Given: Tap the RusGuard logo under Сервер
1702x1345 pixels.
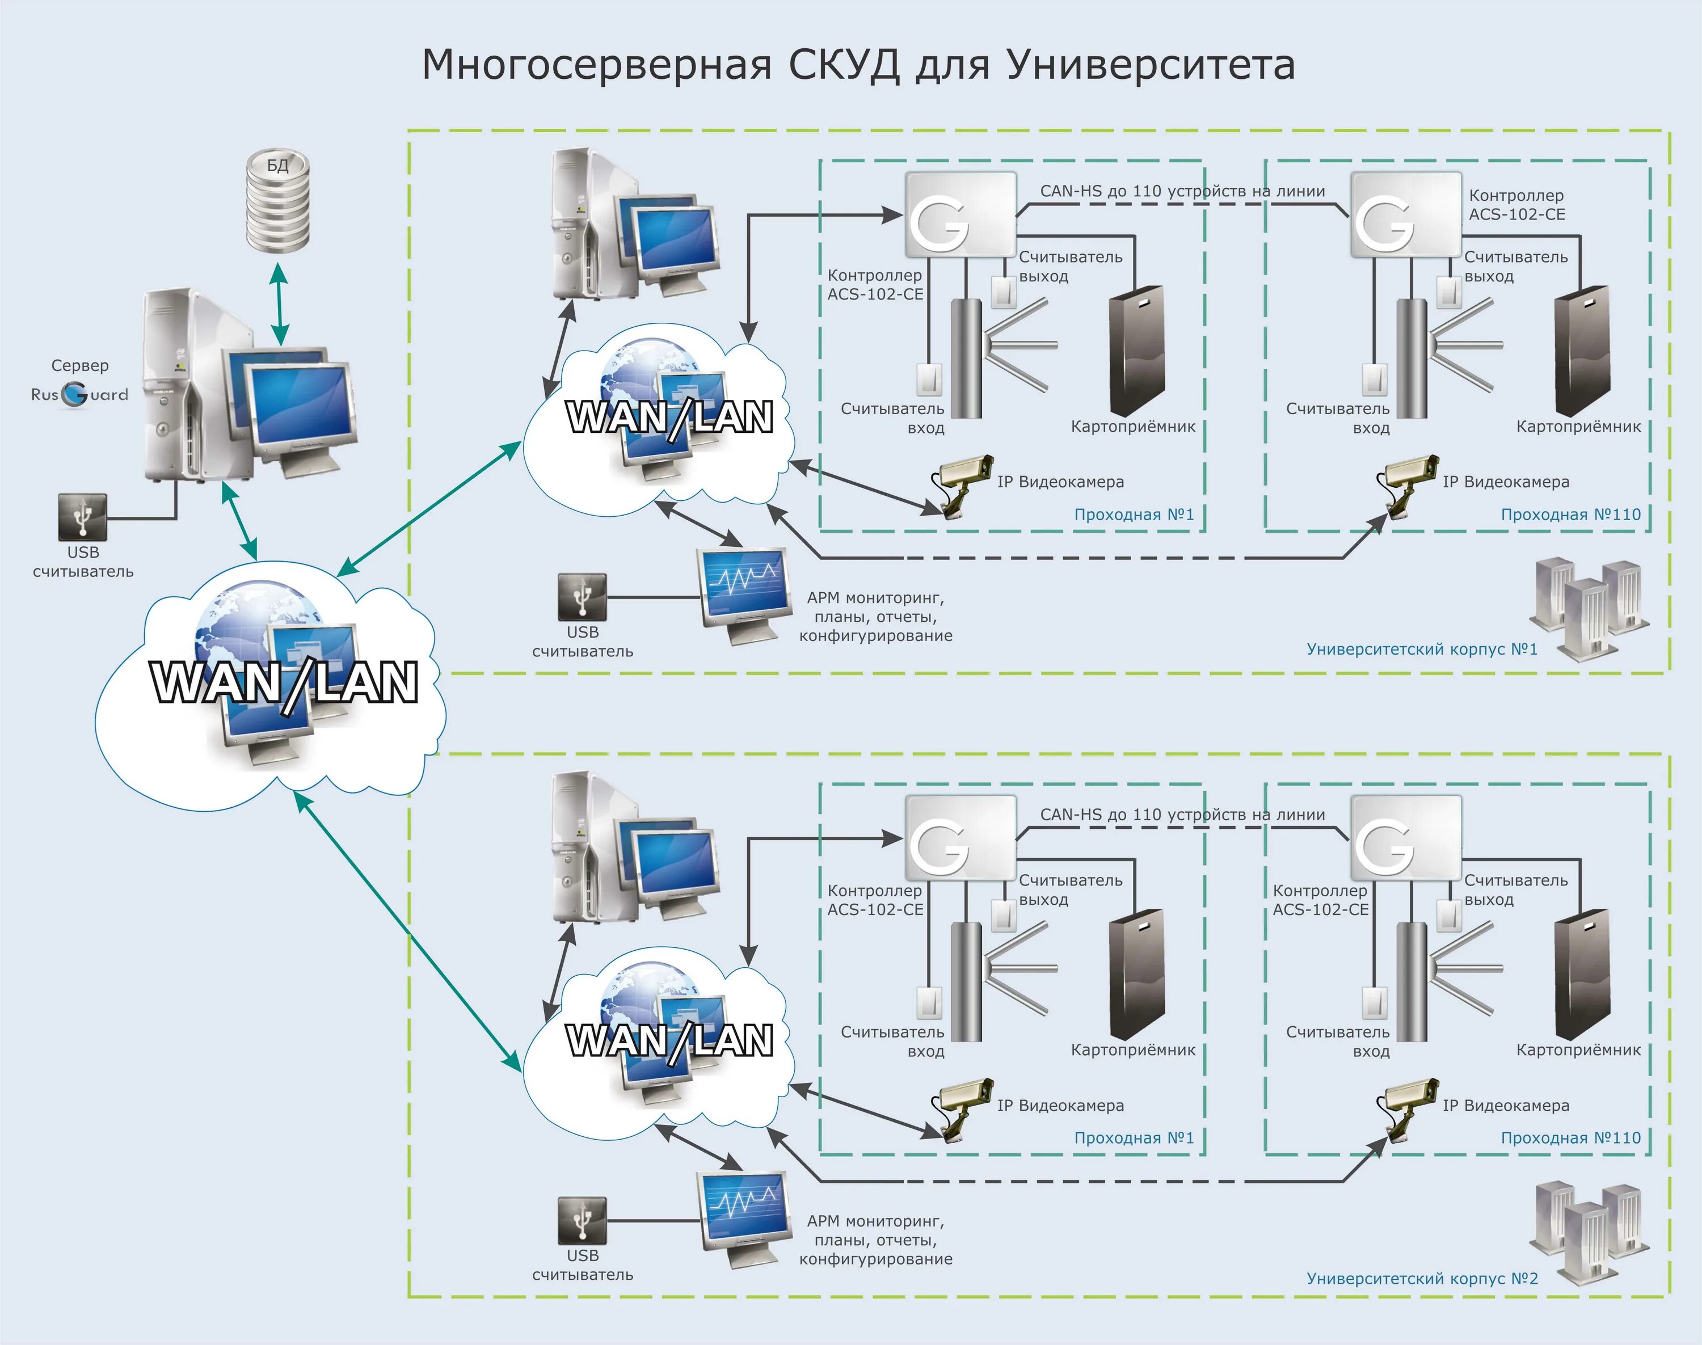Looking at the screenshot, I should pyautogui.click(x=79, y=394).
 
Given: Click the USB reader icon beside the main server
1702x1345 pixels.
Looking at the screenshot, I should pyautogui.click(x=83, y=517).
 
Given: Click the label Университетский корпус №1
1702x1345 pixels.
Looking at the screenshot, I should pyautogui.click(x=1422, y=650).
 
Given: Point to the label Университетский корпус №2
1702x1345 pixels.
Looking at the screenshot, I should pyautogui.click(x=1422, y=1278).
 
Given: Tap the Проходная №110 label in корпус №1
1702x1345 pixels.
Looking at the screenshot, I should pyautogui.click(x=1570, y=515).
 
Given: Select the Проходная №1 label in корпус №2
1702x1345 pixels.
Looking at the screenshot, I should pyautogui.click(x=1134, y=1138).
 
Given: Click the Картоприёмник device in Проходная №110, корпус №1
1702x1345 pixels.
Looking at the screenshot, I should pyautogui.click(x=1582, y=352).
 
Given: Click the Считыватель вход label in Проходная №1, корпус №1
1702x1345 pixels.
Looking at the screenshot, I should pyautogui.click(x=892, y=418).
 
